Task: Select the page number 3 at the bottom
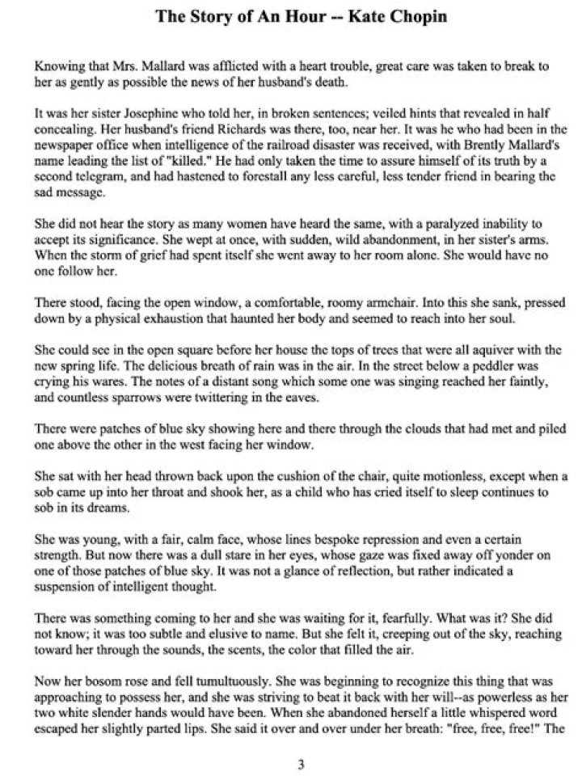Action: [300, 764]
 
